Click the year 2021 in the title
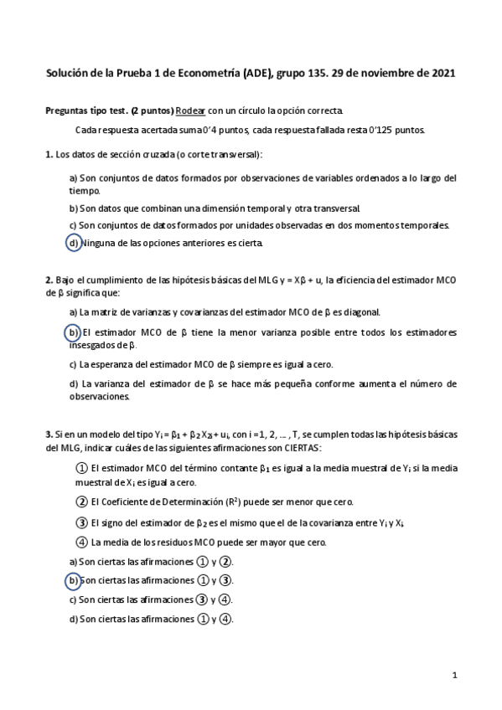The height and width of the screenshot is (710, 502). coord(442,74)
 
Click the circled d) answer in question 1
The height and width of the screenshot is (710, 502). coord(74,244)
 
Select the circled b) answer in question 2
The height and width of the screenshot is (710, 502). coord(74,333)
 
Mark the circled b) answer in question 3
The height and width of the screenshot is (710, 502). coord(73,580)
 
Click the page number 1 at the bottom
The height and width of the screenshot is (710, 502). coord(453,675)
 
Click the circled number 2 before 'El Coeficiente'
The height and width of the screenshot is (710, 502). coord(81,502)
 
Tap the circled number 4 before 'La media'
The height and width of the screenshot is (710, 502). coord(81,542)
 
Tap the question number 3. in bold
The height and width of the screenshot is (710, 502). coord(49,435)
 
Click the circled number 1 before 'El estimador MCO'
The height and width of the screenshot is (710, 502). coord(81,468)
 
